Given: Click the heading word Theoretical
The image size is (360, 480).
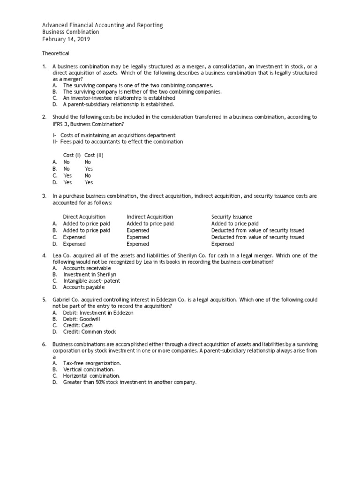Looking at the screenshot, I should pos(56,53).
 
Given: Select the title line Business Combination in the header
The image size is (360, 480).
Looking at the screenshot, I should pos(70,32).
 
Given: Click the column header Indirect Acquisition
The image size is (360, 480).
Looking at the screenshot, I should pos(150,217).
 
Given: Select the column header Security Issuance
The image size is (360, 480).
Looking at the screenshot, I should pos(232,217).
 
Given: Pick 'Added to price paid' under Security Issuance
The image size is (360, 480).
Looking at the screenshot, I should pos(234,224).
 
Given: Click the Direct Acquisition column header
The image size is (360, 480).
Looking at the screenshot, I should pos(84,217).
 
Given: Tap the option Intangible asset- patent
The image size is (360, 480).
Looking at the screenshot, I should pos(91,281).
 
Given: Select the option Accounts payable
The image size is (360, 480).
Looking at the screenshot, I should pos(84,287).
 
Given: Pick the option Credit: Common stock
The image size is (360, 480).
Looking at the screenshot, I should pos(89,332).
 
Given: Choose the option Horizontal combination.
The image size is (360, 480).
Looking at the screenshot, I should pos(91,376).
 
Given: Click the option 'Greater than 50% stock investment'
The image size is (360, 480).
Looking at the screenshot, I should pos(129,382).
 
